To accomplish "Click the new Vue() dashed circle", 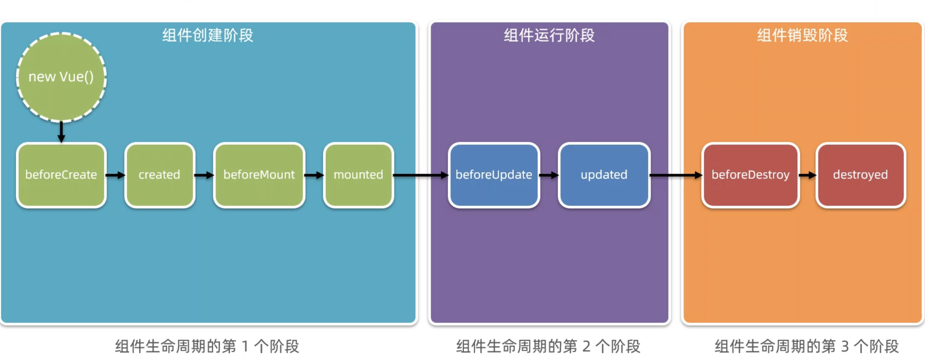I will pos(61,77).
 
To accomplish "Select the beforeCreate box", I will pos(61,175).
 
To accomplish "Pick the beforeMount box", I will pos(259,175).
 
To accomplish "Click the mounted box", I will pos(358,175).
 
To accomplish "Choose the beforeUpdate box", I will pos(494,175).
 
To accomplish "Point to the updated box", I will pos(604,175).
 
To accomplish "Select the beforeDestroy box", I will pos(750,175).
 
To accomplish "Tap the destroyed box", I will pos(860,175).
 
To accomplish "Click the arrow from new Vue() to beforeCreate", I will pos(61,132).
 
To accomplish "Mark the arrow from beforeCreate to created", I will pos(115,175).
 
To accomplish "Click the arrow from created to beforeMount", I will pos(204,175).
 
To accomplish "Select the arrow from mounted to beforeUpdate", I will pos(421,175).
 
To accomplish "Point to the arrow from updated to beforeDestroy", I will pos(676,175).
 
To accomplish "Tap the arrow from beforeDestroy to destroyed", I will pos(808,175).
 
